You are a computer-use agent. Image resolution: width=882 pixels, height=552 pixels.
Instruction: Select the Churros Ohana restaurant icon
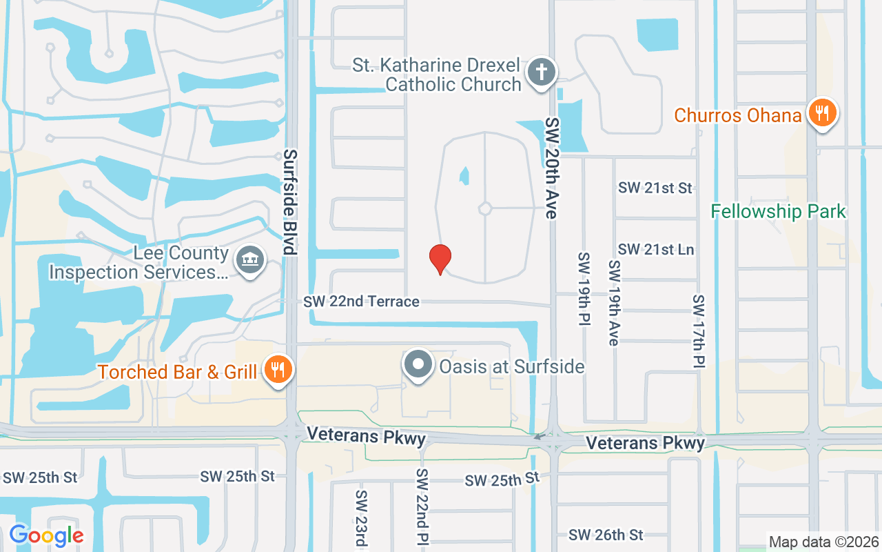821,113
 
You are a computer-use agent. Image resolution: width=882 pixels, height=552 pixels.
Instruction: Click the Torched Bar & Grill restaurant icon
278,371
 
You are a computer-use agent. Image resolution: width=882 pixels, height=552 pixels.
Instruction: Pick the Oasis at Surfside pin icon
418,365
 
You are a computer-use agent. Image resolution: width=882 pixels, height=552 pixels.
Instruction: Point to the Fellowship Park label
778,211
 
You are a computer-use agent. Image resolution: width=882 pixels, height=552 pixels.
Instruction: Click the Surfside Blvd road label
290,201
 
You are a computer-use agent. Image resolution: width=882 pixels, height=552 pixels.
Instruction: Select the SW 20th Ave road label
551,168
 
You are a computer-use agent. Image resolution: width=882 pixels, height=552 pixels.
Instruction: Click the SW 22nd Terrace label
361,302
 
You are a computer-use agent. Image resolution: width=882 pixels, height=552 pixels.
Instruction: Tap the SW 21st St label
655,188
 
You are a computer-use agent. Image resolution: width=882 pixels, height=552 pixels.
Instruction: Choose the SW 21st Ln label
656,249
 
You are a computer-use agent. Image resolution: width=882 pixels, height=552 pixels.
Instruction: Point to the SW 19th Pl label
584,289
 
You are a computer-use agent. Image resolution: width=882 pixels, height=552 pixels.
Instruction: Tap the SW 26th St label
606,535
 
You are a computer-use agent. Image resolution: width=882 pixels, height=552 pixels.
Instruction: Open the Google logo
47,535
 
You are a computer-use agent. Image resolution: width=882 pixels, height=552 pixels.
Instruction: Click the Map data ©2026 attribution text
823,542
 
